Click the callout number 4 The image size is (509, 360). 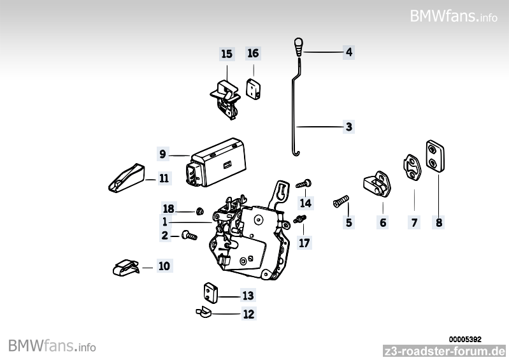(x=348, y=52)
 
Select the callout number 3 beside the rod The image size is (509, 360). (x=348, y=127)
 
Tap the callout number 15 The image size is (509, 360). (x=227, y=54)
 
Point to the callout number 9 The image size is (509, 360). (x=162, y=154)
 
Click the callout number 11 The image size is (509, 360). (x=164, y=179)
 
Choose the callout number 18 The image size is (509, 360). (x=168, y=209)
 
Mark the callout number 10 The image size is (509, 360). (x=164, y=266)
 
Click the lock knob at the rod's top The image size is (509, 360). (x=299, y=47)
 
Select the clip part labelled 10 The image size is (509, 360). (x=125, y=267)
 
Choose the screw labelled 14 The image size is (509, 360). (x=304, y=184)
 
